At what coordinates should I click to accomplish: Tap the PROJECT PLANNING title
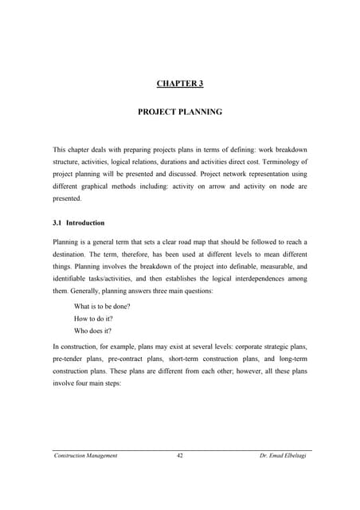(180, 113)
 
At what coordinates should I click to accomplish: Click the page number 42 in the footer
(180, 455)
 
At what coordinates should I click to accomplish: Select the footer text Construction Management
(86, 455)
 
